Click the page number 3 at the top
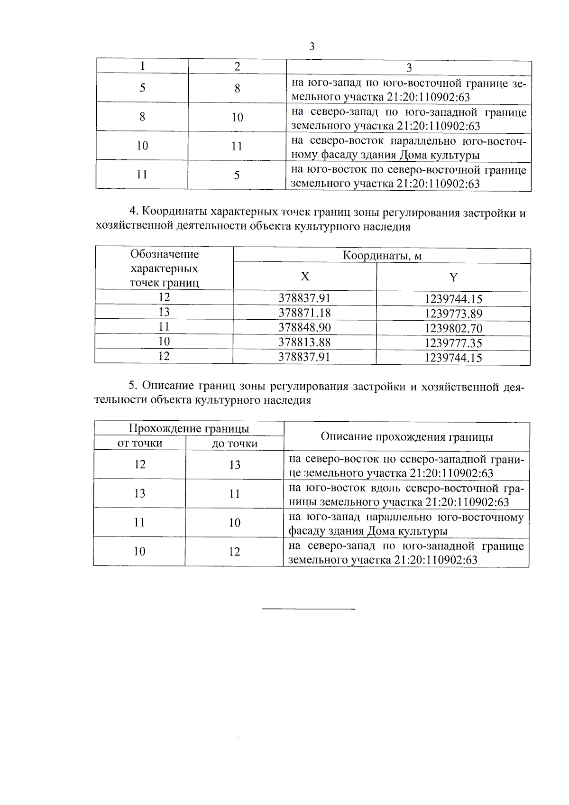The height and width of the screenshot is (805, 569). click(x=312, y=46)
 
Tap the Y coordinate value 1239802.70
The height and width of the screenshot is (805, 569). click(x=453, y=328)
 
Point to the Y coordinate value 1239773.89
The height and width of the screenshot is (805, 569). click(x=453, y=314)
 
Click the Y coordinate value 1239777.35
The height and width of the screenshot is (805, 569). click(x=453, y=343)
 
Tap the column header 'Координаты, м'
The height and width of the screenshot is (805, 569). click(x=382, y=256)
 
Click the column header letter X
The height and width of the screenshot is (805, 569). click(x=305, y=277)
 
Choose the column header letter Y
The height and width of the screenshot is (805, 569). click(x=453, y=277)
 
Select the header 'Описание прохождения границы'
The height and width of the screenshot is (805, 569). click(x=407, y=437)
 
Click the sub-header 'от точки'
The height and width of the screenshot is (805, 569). click(x=140, y=443)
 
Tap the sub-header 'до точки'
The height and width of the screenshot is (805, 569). click(x=235, y=444)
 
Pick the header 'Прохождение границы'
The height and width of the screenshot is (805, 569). click(x=189, y=429)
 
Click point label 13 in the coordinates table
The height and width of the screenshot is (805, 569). click(x=164, y=312)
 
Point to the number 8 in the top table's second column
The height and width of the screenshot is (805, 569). click(x=238, y=88)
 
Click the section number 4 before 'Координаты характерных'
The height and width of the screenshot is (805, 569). click(x=133, y=213)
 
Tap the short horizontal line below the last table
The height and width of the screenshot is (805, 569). click(x=309, y=608)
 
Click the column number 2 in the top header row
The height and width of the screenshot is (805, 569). click(x=238, y=66)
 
